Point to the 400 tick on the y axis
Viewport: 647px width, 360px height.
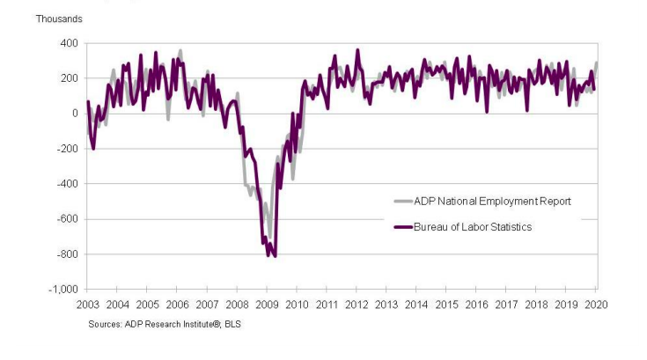pos(68,43)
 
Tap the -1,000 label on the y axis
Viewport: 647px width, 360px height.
pos(62,290)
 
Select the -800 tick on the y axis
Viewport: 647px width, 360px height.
pos(66,254)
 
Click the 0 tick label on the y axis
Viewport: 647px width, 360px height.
pos(74,114)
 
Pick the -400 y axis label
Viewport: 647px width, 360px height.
pos(66,184)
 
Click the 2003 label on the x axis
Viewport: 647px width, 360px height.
pos(88,304)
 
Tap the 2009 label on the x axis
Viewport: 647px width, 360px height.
pos(268,304)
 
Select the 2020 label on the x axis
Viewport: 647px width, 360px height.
pos(596,304)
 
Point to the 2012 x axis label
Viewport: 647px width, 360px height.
pos(357,304)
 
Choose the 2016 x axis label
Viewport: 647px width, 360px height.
pos(476,304)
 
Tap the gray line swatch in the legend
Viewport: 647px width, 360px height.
pos(402,202)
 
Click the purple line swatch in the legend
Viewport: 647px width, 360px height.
pos(402,227)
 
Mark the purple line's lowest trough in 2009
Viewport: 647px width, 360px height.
pos(275,255)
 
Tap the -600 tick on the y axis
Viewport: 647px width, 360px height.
pos(66,219)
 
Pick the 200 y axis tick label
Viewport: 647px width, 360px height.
pos(68,78)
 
